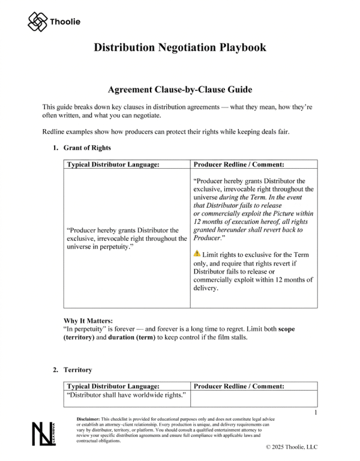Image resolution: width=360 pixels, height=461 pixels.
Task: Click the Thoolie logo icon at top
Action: (x=37, y=22)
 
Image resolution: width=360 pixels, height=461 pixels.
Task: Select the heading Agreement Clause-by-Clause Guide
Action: (x=179, y=89)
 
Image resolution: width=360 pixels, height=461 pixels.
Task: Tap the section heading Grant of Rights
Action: (x=86, y=148)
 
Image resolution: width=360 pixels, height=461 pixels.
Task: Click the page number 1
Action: (x=316, y=413)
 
